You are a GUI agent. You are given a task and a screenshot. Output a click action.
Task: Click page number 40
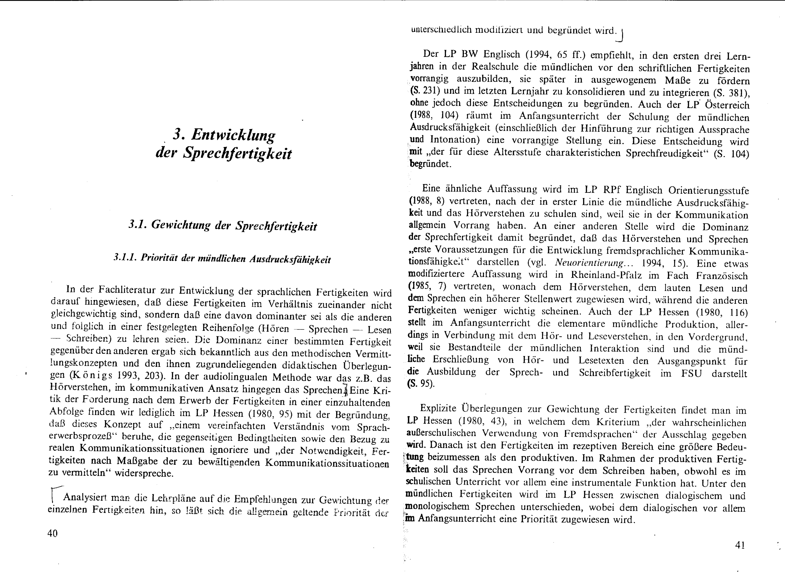click(x=52, y=533)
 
